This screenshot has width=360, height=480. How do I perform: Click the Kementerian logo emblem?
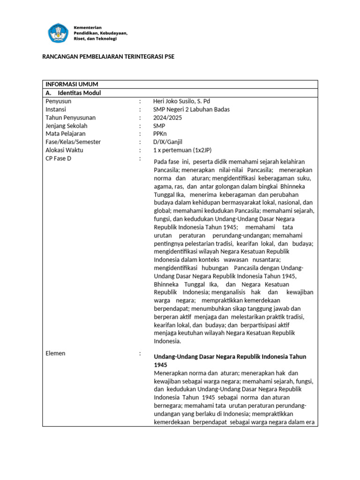tap(58, 33)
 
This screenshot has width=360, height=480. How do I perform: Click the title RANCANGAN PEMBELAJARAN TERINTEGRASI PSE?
tap(108, 57)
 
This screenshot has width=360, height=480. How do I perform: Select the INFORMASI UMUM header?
tap(72, 84)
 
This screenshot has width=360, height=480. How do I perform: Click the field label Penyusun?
tap(58, 101)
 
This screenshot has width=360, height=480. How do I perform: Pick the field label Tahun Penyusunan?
tap(70, 118)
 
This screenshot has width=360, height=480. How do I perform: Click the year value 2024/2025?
tap(167, 118)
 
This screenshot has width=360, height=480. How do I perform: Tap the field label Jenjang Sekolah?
tap(67, 126)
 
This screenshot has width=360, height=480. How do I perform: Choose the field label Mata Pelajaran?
tap(65, 134)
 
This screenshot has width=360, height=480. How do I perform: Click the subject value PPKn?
tap(160, 134)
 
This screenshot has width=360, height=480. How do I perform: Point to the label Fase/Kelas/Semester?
tap(73, 142)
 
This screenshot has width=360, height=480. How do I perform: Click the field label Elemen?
tap(55, 353)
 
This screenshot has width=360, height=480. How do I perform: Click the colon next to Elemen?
tap(140, 353)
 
